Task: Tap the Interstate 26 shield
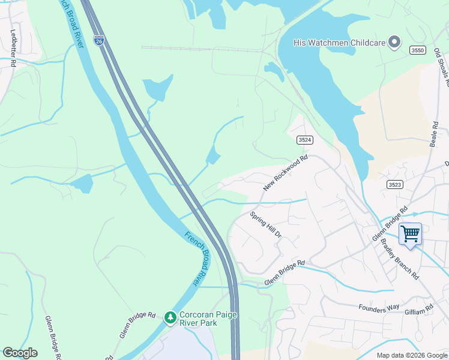click(x=99, y=40)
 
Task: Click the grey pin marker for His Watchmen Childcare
click(x=394, y=42)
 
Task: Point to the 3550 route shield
click(x=418, y=50)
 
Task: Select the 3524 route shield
click(x=305, y=140)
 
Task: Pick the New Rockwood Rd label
click(x=285, y=173)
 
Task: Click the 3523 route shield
click(x=394, y=184)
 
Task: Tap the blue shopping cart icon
click(x=410, y=233)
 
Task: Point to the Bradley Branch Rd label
click(x=400, y=259)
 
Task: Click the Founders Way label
click(x=379, y=307)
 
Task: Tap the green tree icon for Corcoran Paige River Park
click(x=170, y=317)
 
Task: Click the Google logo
click(x=20, y=352)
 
